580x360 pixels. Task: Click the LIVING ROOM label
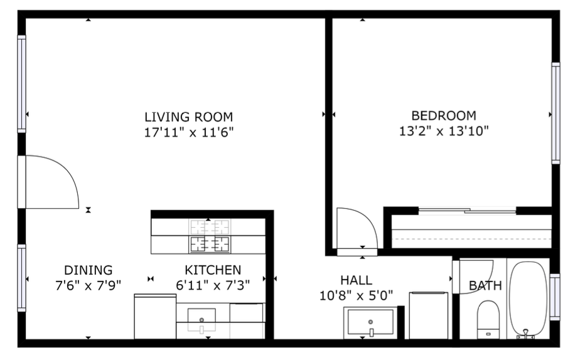188,117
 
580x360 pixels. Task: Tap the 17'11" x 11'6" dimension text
188,132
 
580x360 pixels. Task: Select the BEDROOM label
443,116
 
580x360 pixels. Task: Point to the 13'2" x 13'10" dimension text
443,131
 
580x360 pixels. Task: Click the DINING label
88,270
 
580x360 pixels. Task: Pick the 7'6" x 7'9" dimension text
88,285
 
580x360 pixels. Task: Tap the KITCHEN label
213,270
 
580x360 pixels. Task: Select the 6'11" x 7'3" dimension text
213,285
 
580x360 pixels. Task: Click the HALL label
356,280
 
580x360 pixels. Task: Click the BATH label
485,286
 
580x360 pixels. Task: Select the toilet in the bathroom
488,319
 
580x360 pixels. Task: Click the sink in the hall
370,322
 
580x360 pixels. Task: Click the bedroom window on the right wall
556,113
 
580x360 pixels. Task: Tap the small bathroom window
554,297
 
